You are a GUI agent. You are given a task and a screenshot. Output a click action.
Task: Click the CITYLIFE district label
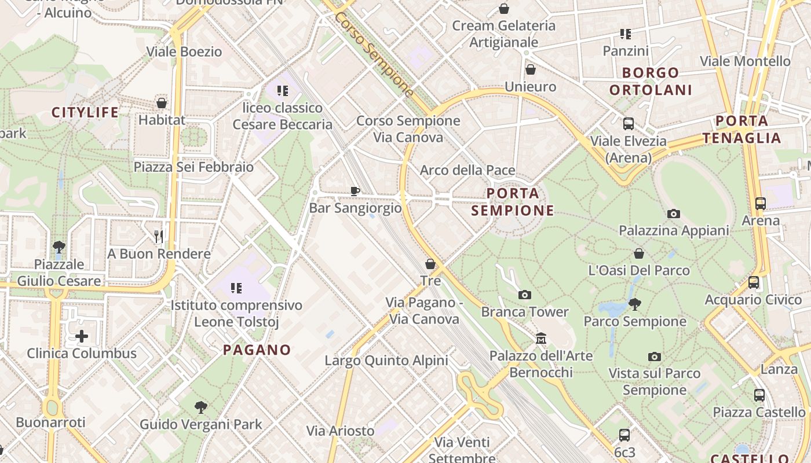coord(85,112)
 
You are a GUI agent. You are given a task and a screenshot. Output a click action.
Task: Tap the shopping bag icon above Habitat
coord(162,103)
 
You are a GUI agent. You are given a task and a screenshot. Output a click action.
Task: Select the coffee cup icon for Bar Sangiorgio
coord(355,190)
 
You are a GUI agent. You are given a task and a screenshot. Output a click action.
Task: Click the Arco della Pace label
coord(467,170)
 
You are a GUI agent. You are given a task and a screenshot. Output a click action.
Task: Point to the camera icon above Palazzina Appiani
coord(673,214)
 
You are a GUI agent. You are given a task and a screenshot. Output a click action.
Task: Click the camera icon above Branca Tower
coord(525,295)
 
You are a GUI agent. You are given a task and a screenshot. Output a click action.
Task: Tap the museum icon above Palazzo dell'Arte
coord(541,338)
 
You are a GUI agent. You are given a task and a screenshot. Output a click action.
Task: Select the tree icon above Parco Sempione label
coord(635,304)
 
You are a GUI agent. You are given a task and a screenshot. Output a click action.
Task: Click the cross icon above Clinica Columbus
coord(82,336)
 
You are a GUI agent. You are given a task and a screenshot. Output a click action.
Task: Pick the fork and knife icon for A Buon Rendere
coord(159,236)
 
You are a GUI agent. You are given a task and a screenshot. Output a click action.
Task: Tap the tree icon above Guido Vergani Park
coord(201,407)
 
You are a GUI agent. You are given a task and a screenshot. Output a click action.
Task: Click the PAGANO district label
coord(257,350)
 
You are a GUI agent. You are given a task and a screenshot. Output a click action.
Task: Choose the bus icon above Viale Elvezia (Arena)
coord(629,123)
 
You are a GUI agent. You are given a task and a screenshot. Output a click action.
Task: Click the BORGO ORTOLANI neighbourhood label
coord(651,81)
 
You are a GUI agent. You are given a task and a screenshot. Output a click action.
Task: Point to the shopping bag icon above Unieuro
coord(530,69)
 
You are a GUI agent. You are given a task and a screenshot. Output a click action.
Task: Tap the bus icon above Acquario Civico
coord(753,282)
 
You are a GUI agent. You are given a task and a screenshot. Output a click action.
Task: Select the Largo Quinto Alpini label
coord(386,361)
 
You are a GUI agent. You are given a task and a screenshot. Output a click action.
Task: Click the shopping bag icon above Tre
coord(430,264)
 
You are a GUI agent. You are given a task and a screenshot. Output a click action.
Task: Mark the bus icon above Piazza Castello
coord(759,395)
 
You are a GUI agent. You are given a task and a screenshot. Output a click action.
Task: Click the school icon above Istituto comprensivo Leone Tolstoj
coord(236,288)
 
